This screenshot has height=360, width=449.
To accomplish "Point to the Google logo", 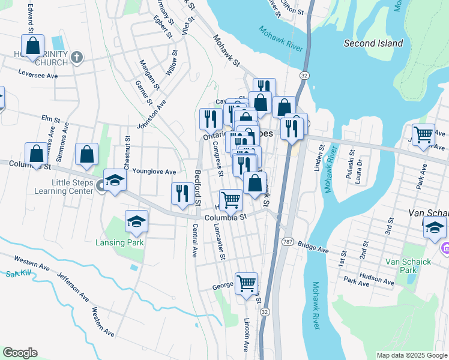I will tap(20, 353).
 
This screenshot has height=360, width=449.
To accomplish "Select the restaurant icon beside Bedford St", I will tap(182, 193).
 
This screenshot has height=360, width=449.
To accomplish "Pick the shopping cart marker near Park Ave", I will tap(423, 134).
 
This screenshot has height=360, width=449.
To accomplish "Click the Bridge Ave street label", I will tap(313, 248).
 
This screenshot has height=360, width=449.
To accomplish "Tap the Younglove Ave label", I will tap(154, 172).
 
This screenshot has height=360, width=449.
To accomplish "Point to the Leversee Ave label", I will tap(38, 76).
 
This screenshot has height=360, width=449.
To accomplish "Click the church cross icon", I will tap(76, 58).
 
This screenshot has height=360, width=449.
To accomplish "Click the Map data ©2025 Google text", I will tap(411, 355).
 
